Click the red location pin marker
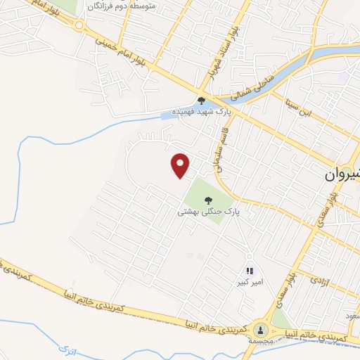coord(181,165)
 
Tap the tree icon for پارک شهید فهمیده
coord(201,101)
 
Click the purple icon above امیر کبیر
coord(250,271)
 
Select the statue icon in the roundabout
coord(261,329)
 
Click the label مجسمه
coord(261,341)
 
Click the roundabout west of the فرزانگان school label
coord(79,25)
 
